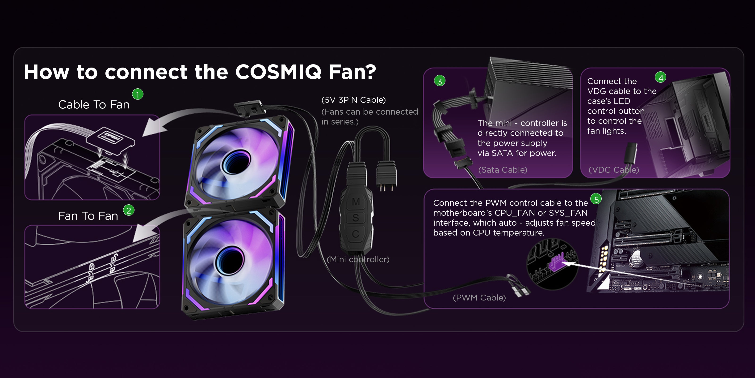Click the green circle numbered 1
point(138,94)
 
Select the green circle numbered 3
point(440,81)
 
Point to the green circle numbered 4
point(661,77)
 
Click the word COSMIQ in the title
point(278,72)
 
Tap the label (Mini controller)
point(358,259)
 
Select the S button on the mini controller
point(356,218)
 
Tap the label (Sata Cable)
point(503,170)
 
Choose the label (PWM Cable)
point(479,298)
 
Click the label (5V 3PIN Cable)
point(353,100)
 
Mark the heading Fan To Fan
point(88,216)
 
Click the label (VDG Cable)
point(614,170)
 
